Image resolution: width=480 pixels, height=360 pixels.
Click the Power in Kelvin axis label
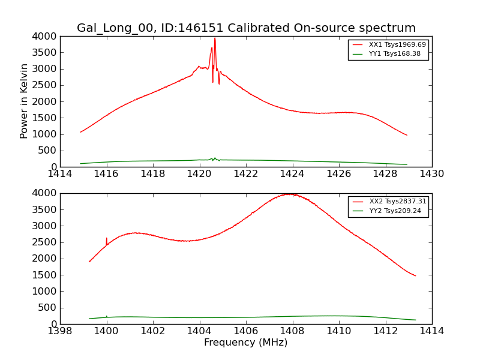point(25,101)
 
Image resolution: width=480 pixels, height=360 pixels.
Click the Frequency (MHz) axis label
point(246,343)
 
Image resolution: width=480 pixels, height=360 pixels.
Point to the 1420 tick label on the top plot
point(199,174)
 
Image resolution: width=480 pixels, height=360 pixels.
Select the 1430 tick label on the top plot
point(432,174)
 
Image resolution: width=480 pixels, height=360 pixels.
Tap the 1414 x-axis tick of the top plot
point(60,174)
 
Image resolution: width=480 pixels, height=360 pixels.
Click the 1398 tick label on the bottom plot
point(60,331)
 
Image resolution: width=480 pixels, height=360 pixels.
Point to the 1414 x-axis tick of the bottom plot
point(432,331)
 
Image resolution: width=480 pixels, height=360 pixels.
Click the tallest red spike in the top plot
point(215,39)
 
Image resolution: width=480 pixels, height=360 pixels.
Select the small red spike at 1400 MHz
point(107,239)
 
